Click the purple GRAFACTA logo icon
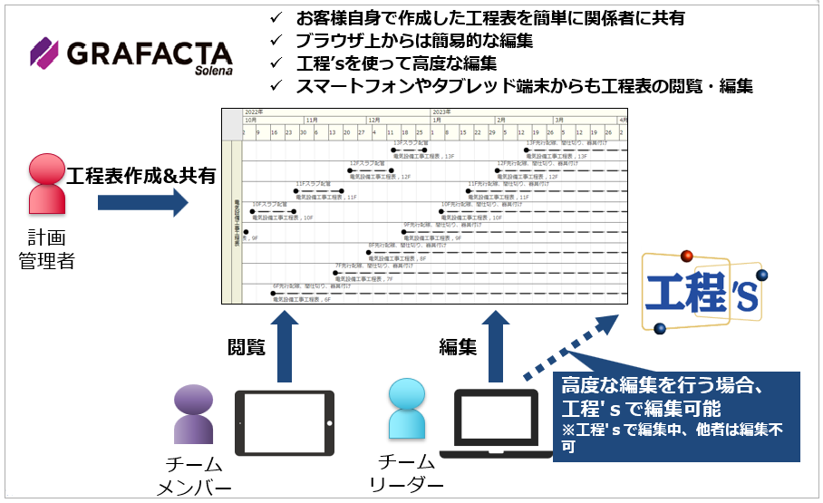[44, 53]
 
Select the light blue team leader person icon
[405, 413]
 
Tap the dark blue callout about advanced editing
[675, 409]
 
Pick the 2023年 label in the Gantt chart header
[441, 111]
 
